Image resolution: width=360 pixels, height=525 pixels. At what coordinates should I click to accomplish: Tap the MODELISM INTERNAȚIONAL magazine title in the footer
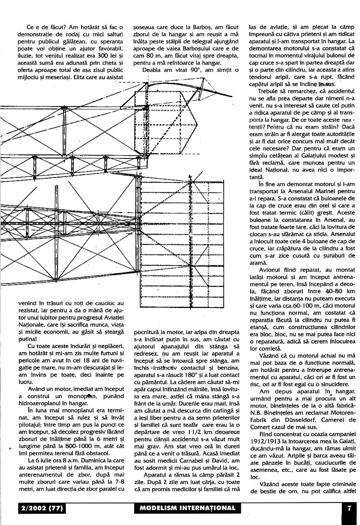point(185,508)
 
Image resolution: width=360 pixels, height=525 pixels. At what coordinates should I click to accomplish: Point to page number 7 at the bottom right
point(349,508)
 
